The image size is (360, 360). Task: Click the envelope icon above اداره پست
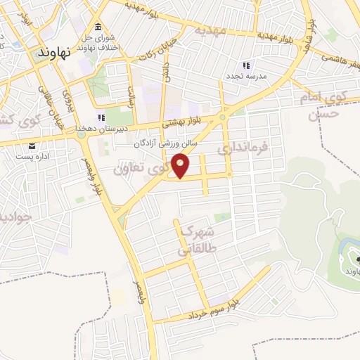(32, 146)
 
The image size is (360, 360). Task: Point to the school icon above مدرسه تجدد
(246, 65)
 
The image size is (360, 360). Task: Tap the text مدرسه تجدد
(244, 75)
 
